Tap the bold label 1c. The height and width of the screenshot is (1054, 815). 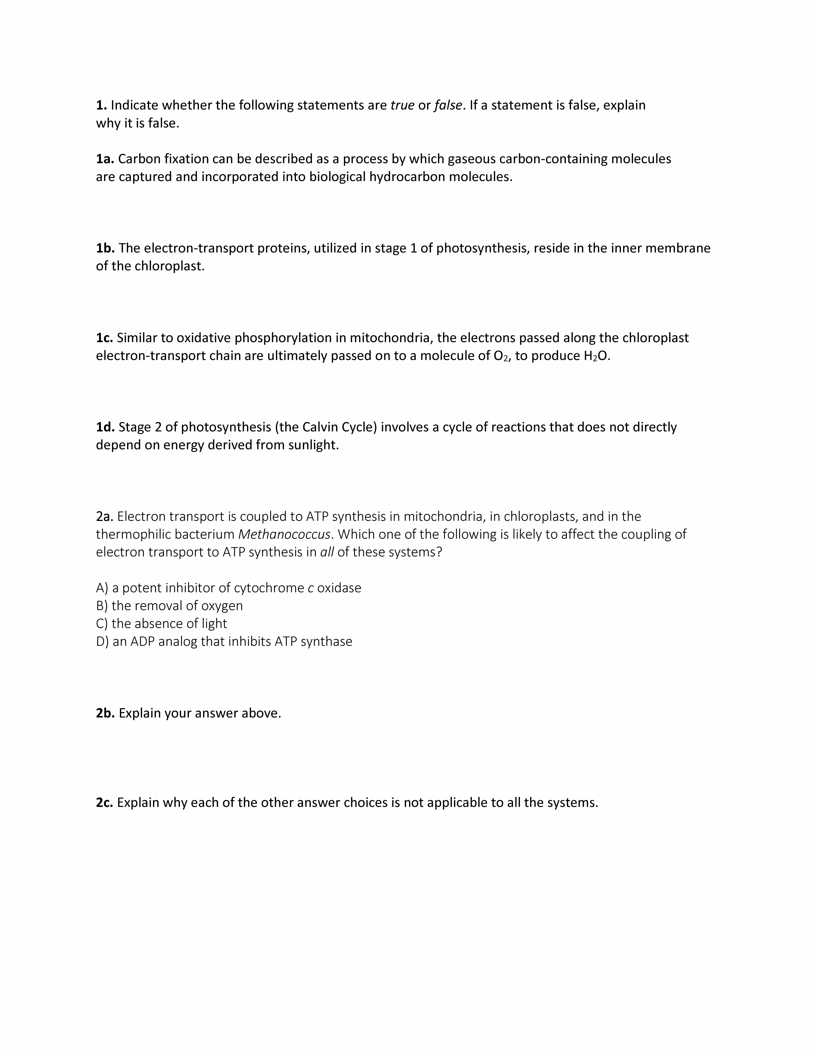tap(104, 338)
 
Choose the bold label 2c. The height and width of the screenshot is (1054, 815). tap(104, 803)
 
